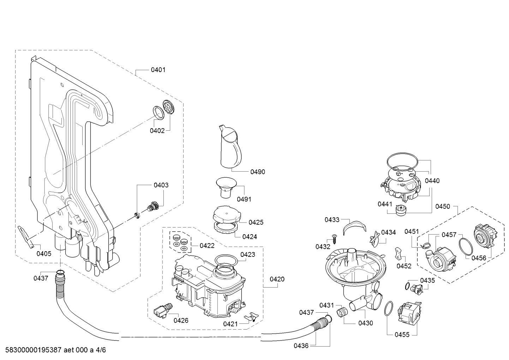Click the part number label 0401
pos(158,70)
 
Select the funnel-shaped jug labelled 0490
pos(230,148)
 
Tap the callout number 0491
pos(244,200)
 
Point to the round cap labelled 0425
pos(227,214)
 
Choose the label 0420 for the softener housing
pos(277,279)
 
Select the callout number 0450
pos(443,206)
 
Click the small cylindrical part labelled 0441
pos(401,210)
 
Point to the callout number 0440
pos(432,181)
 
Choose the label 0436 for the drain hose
pos(301,346)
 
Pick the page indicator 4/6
pos(101,350)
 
